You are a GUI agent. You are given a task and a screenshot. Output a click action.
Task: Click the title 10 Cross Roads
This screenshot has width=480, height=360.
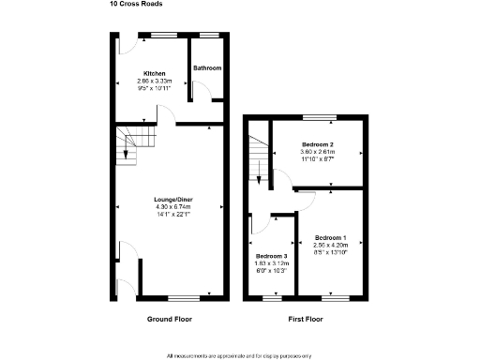(x=136, y=4)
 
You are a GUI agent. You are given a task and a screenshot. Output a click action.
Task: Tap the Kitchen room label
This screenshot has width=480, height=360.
(x=155, y=73)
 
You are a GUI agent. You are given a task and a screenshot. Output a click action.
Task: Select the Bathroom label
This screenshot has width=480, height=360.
(x=207, y=68)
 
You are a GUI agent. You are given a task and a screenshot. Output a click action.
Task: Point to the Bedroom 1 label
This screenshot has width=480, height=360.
(x=330, y=237)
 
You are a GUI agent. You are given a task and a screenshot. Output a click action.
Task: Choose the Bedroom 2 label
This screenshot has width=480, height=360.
(x=318, y=144)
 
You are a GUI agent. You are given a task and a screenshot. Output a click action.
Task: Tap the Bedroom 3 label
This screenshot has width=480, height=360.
(x=272, y=256)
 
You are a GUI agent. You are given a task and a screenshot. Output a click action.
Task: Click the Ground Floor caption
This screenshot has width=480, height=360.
(x=169, y=320)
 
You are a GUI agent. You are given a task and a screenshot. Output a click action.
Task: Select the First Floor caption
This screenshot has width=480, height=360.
(x=307, y=320)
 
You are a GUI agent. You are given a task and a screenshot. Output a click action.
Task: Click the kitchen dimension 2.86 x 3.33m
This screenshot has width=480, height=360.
(x=155, y=82)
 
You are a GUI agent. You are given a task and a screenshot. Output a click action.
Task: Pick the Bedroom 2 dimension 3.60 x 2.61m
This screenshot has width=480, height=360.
(x=318, y=152)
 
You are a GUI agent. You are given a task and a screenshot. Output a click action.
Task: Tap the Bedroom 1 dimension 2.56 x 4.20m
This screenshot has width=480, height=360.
(x=330, y=245)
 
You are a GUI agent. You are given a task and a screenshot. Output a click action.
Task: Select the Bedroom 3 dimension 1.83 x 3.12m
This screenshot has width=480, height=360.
(x=272, y=263)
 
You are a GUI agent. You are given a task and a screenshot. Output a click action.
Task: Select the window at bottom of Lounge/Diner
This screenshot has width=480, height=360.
(x=184, y=298)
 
